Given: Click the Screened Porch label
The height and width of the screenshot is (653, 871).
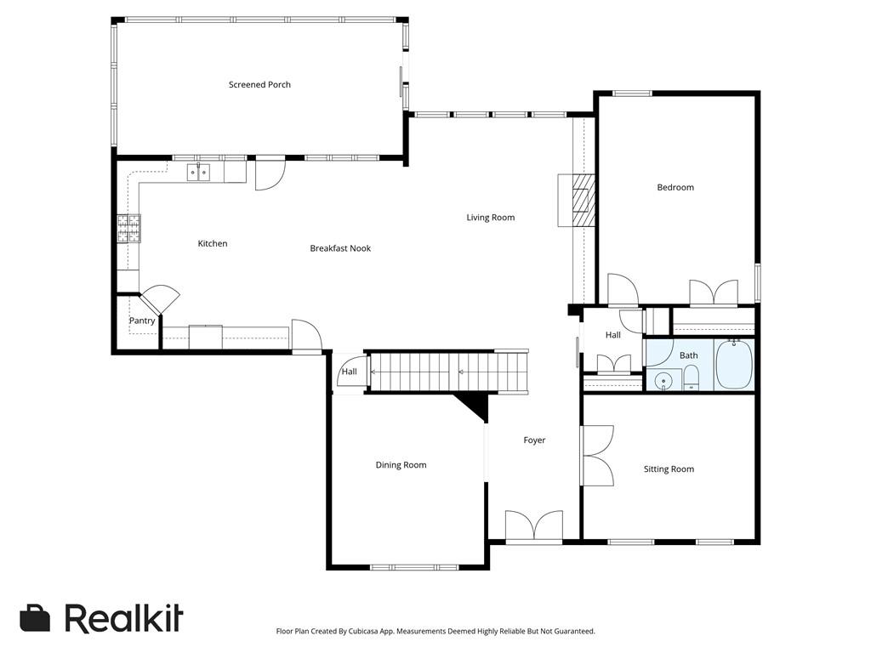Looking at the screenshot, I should point(259,85).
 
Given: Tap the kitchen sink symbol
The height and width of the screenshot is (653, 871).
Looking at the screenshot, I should point(199,173).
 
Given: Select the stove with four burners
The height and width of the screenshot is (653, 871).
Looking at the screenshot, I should point(129,227).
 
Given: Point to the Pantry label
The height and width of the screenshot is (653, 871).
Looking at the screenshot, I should point(142,321).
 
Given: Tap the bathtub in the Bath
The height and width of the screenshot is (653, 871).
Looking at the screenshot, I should point(733,364).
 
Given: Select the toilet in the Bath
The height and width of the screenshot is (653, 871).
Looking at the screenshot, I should point(691,377).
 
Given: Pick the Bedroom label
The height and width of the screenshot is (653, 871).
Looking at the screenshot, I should point(675,187).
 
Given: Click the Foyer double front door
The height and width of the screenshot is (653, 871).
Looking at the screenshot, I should point(533,525).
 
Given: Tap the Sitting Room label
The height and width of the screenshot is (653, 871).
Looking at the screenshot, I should point(669,469).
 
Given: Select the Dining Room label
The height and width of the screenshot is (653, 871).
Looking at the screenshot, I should point(401,465).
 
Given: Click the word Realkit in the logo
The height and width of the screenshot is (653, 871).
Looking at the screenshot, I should point(123,619).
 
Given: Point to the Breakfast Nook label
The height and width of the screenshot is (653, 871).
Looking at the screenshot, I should point(340,248).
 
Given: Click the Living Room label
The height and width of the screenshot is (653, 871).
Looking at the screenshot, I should point(491,218).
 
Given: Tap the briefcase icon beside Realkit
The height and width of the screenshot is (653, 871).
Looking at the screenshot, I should point(35,618).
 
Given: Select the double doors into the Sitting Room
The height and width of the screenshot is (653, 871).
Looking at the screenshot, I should point(597,455).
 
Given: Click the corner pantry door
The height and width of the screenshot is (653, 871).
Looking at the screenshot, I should point(160,301).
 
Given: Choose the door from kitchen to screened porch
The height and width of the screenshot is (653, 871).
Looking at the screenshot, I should point(270,173).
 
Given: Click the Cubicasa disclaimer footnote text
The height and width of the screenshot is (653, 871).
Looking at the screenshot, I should point(435,632).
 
